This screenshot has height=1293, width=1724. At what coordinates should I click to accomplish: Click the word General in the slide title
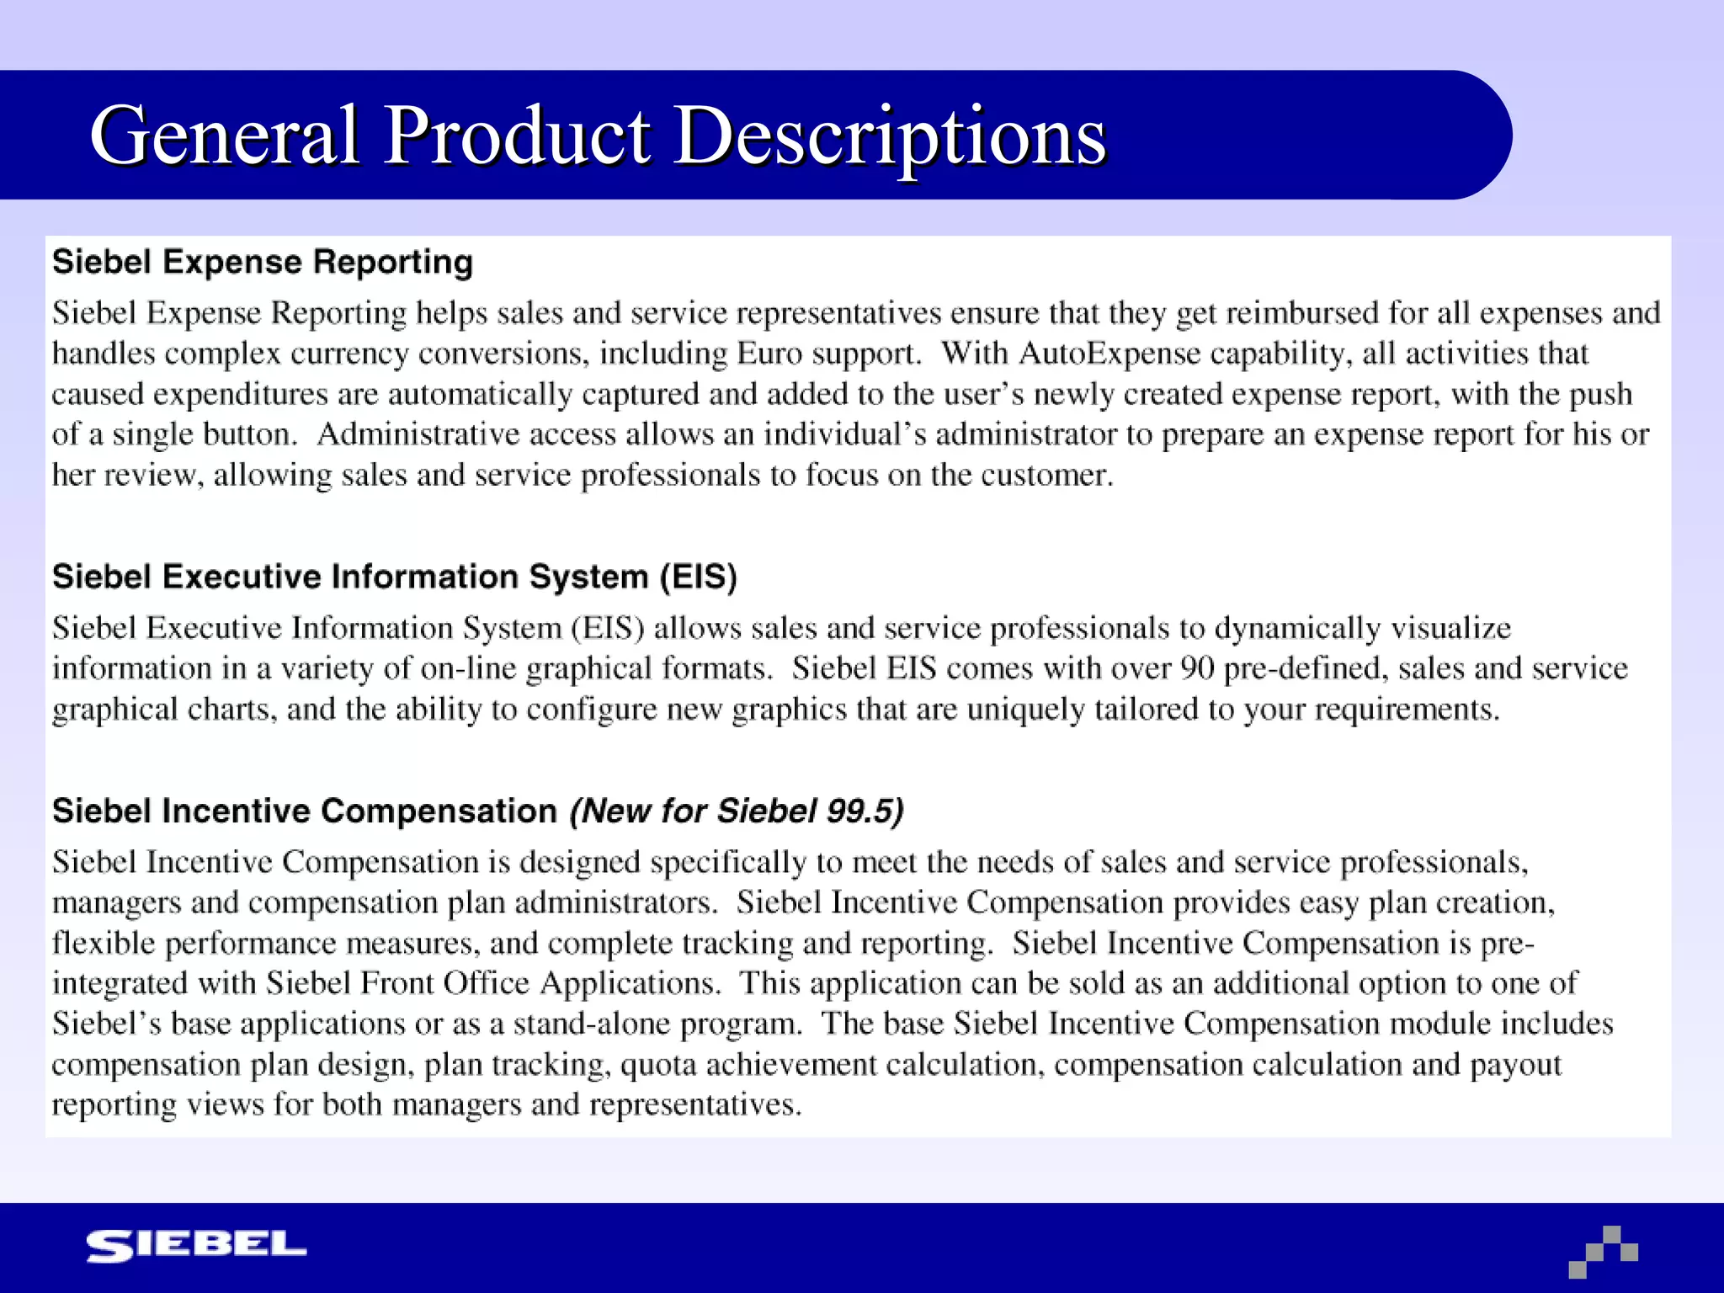coord(226,136)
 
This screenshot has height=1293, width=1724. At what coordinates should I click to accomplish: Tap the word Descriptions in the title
coord(890,136)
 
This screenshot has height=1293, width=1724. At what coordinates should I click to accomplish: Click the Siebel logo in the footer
coord(196,1246)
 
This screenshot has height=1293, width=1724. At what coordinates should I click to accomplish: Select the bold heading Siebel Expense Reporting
coord(263,262)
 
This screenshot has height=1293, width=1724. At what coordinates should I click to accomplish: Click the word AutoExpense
coord(1109,354)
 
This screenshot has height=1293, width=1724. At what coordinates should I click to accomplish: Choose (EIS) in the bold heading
coord(698,577)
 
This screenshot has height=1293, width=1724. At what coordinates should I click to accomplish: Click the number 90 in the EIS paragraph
coord(1196,668)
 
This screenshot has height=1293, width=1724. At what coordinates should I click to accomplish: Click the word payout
coord(1515,1065)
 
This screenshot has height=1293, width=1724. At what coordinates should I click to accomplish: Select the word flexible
coord(104,943)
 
